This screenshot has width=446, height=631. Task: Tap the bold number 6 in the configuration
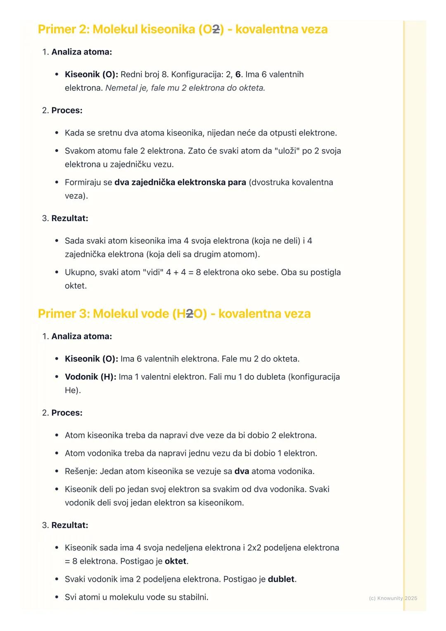pyautogui.click(x=238, y=74)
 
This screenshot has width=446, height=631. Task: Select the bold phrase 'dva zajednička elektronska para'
pyautogui.click(x=180, y=182)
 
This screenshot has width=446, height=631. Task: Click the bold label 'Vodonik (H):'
pyautogui.click(x=90, y=377)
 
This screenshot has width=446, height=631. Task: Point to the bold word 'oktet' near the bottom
pyautogui.click(x=176, y=561)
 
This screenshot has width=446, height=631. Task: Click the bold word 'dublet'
pyautogui.click(x=281, y=579)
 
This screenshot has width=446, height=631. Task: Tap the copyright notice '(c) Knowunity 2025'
pyautogui.click(x=393, y=598)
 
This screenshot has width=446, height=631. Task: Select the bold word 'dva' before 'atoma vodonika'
pyautogui.click(x=242, y=471)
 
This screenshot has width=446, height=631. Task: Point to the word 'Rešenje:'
pyautogui.click(x=81, y=471)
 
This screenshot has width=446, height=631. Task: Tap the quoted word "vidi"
pyautogui.click(x=152, y=272)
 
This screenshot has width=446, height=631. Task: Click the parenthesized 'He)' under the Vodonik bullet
pyautogui.click(x=73, y=390)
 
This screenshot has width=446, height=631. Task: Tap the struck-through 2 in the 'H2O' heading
pyautogui.click(x=190, y=314)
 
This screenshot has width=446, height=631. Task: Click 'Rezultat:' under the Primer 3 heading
pyautogui.click(x=69, y=525)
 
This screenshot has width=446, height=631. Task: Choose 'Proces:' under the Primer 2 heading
pyautogui.click(x=66, y=110)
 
